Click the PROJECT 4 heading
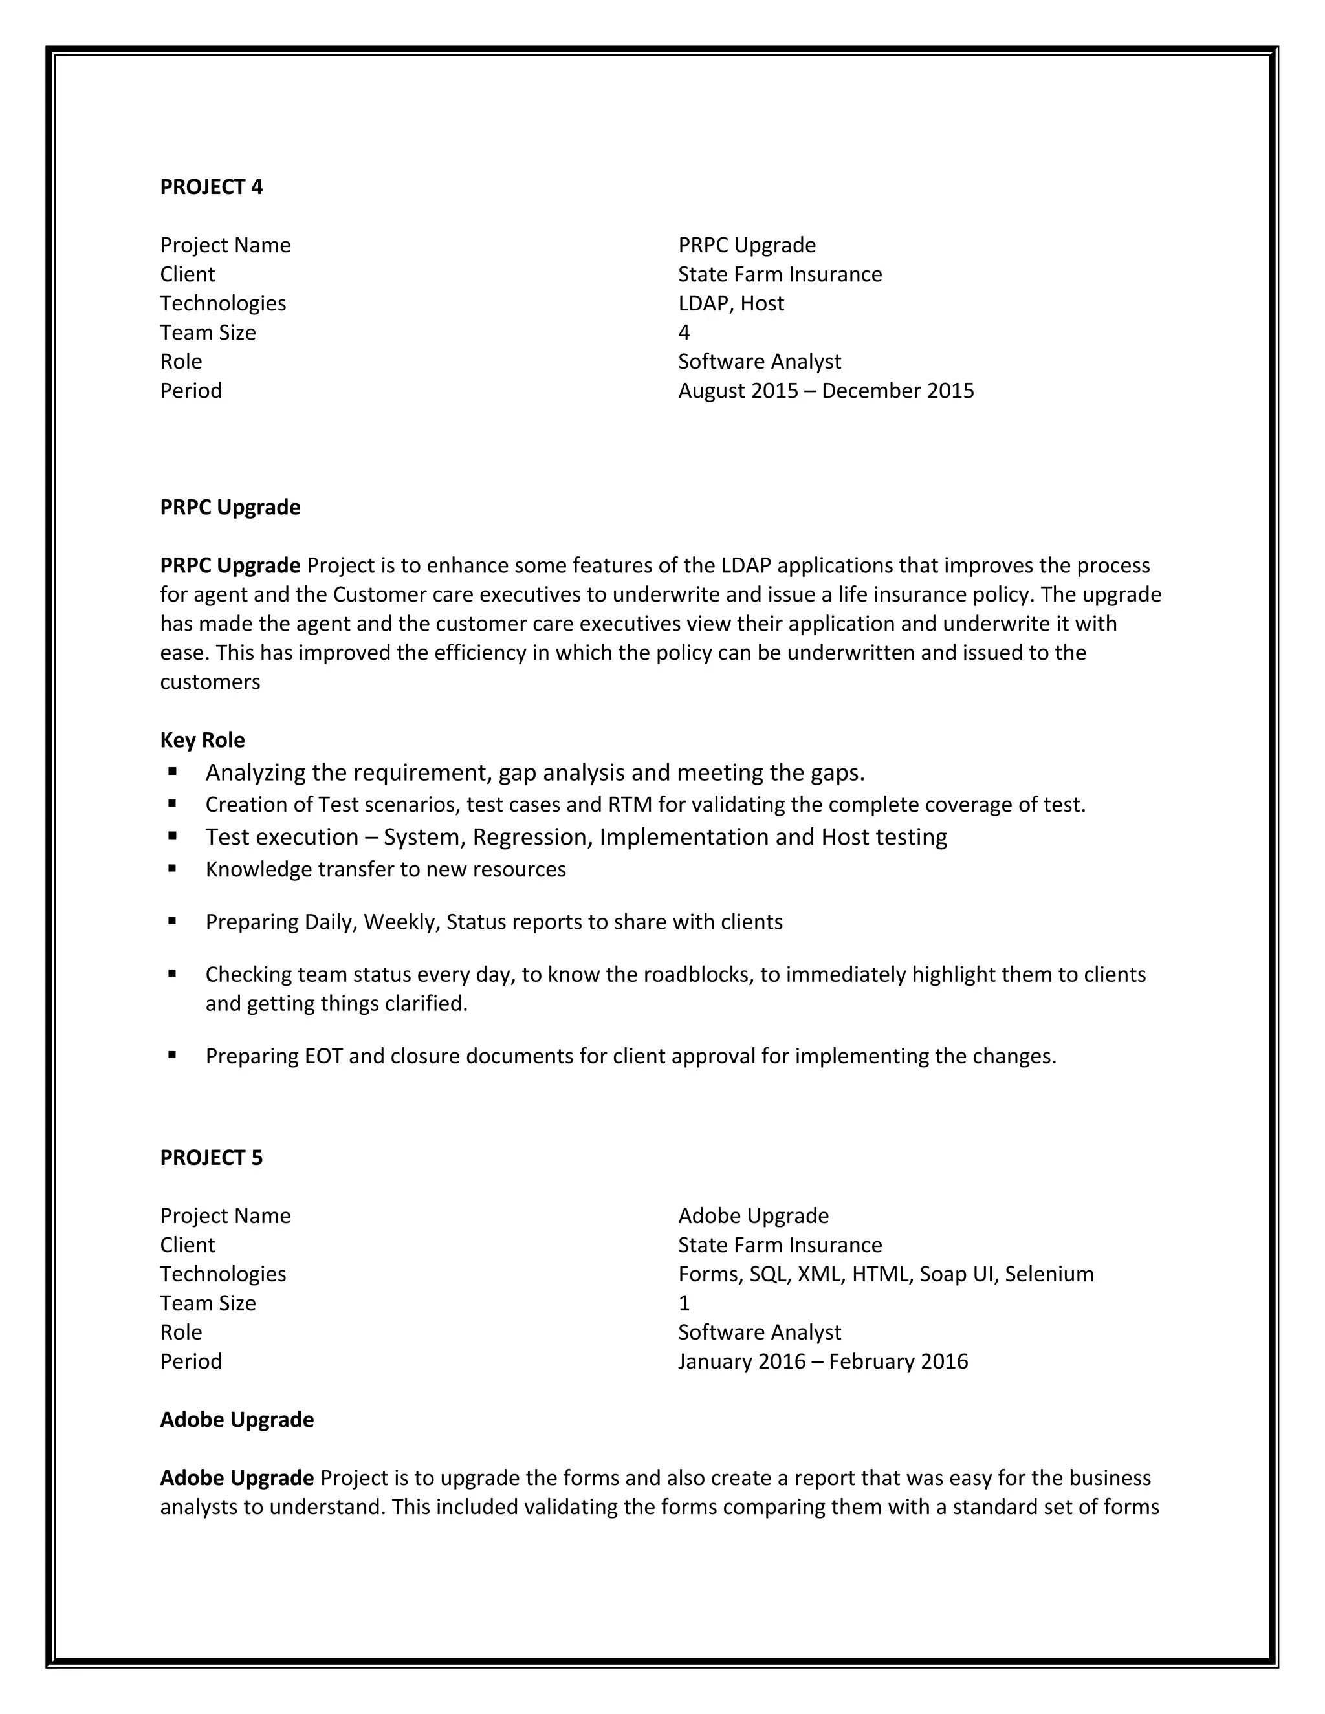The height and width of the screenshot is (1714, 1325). (211, 187)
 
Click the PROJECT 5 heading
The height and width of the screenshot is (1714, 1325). (211, 1158)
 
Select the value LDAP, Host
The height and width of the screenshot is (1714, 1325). (731, 303)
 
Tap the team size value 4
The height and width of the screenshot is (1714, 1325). (684, 332)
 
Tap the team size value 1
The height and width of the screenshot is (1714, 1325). (684, 1303)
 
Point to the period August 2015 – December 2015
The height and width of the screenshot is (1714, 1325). (826, 391)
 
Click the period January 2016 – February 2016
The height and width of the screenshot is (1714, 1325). (823, 1361)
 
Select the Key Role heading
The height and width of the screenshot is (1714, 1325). (203, 740)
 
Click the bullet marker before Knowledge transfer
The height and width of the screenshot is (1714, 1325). (172, 868)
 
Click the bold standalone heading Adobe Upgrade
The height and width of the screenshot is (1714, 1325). (237, 1420)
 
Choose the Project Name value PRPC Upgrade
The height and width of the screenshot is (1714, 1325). (747, 245)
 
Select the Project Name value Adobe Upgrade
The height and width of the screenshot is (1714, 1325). (753, 1216)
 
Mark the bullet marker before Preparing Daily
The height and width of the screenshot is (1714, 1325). (172, 920)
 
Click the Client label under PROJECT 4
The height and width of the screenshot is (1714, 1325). (187, 274)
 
